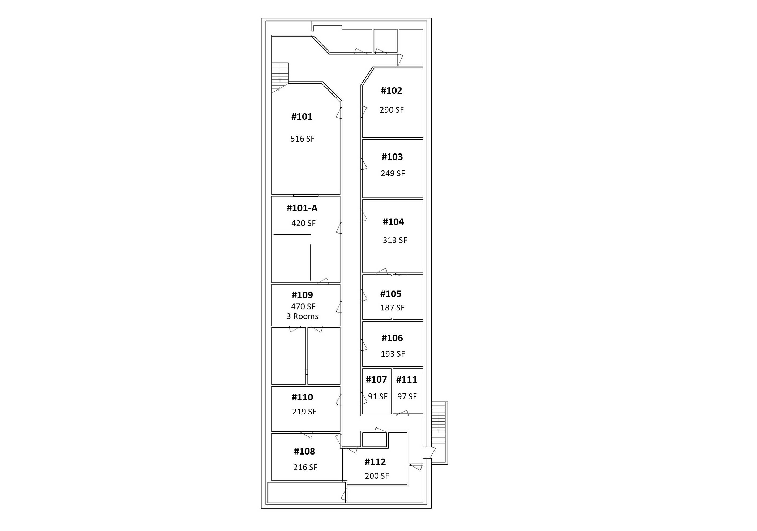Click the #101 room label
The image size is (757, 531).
[302, 117]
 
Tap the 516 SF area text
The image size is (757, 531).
[302, 139]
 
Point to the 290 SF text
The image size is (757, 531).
[392, 110]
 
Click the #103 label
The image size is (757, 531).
[392, 157]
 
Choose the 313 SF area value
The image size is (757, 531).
[395, 240]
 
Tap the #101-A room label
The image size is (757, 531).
[302, 208]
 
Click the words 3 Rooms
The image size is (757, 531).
[302, 316]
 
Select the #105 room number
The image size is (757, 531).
[391, 294]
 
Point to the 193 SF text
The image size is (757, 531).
[393, 354]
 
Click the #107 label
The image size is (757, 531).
[376, 380]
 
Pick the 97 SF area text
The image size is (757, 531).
[407, 396]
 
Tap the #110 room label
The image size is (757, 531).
[302, 397]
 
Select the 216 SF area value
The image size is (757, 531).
[305, 467]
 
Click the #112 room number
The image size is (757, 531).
[375, 462]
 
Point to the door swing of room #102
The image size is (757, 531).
[364, 112]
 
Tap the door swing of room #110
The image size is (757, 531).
[339, 400]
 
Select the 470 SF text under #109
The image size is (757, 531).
[303, 307]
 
